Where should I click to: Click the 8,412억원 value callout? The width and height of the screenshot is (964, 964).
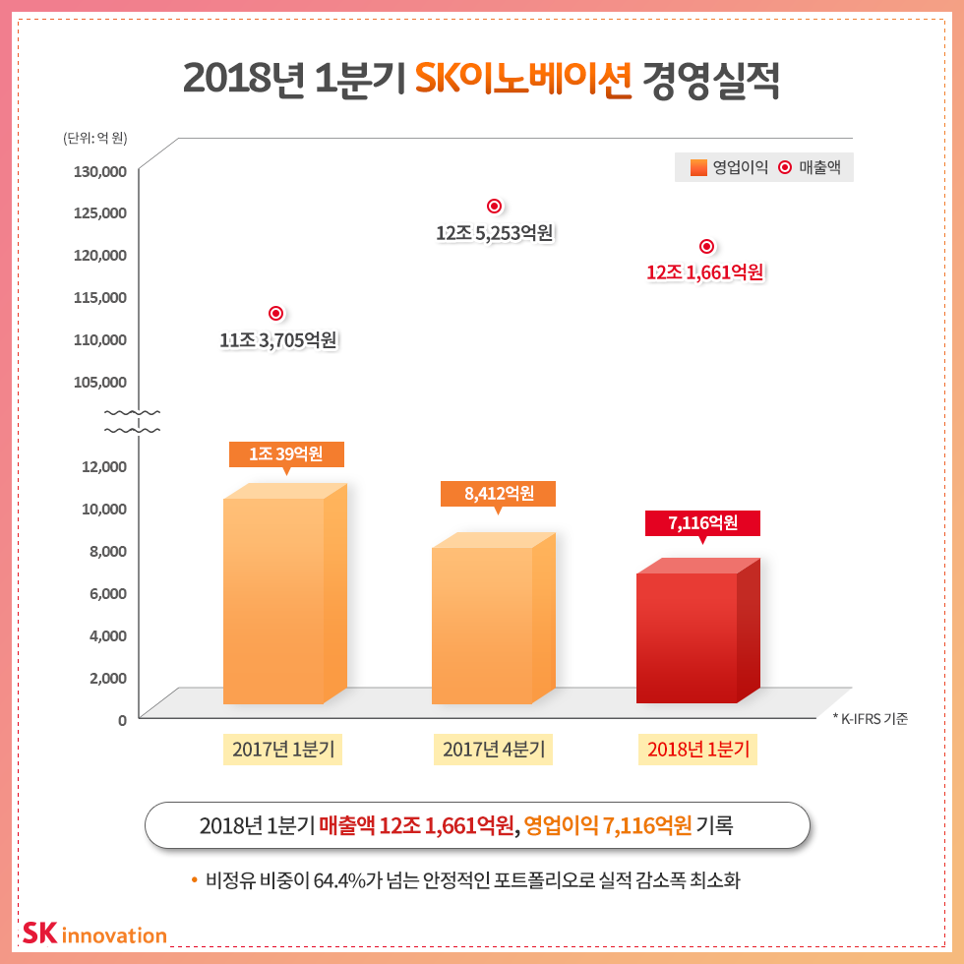[x=498, y=494]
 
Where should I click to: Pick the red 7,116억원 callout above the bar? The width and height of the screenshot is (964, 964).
[x=702, y=523]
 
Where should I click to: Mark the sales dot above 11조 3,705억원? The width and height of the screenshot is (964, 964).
[x=276, y=313]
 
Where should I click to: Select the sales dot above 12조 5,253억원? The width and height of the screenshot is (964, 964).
[x=495, y=206]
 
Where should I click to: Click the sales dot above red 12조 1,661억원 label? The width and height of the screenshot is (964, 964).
[x=706, y=246]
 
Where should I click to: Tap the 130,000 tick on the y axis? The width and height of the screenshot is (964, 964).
[x=100, y=171]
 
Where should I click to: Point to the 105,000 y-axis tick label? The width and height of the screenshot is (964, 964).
[x=100, y=382]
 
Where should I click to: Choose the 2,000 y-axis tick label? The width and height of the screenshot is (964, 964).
[x=108, y=678]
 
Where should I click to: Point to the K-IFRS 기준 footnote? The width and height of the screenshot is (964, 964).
[x=870, y=719]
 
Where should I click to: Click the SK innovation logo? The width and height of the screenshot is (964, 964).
[x=94, y=933]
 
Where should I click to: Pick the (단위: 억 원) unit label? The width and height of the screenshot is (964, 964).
[x=95, y=138]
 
